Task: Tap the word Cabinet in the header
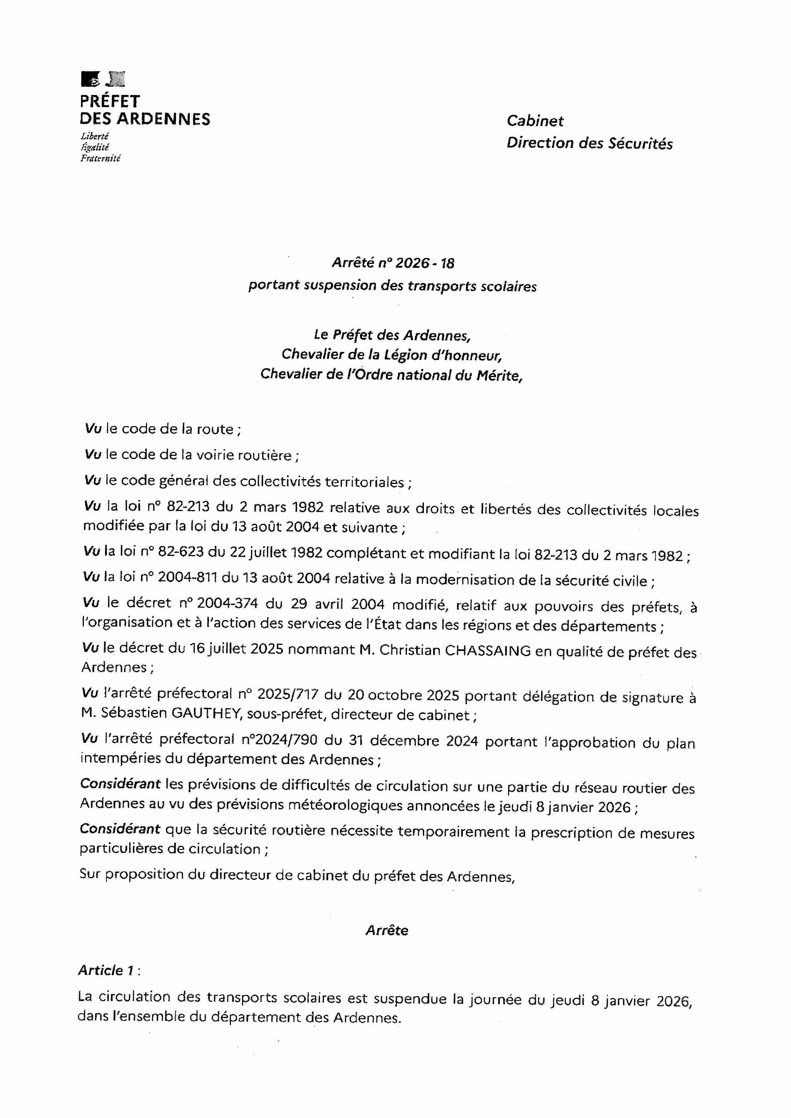tap(535, 121)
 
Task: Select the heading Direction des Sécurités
tap(589, 143)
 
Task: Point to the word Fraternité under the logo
tap(100, 158)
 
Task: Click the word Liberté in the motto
tap(94, 136)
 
